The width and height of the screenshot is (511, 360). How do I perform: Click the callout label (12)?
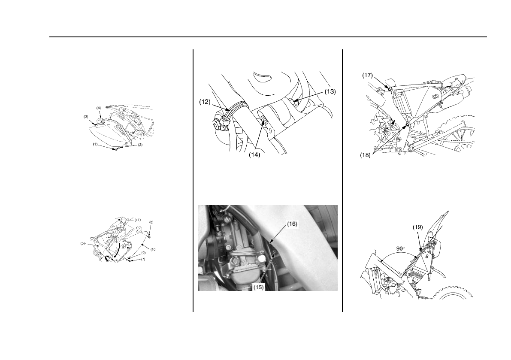point(205,102)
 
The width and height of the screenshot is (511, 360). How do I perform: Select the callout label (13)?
point(330,91)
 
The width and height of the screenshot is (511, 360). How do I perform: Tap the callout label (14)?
point(254,155)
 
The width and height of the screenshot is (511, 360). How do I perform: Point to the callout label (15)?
point(258,287)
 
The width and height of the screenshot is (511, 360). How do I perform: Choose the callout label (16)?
point(292,224)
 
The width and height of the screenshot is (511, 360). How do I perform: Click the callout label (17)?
point(368,75)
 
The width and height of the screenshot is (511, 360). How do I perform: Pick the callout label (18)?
point(365,155)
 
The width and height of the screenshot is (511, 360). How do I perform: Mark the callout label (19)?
point(418,227)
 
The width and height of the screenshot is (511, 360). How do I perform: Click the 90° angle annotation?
point(401,248)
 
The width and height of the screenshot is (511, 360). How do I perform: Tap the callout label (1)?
point(95,144)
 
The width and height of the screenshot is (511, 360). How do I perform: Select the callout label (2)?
point(86,116)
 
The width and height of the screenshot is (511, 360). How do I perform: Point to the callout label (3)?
point(140,145)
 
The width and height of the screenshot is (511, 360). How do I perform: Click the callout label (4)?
point(98,108)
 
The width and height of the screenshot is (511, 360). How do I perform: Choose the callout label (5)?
point(83,243)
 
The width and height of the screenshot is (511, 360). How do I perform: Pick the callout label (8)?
point(151,222)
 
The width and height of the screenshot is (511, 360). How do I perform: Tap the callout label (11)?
point(138,220)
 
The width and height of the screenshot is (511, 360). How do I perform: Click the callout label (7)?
point(143,259)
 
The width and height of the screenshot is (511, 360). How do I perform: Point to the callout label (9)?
point(143,252)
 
